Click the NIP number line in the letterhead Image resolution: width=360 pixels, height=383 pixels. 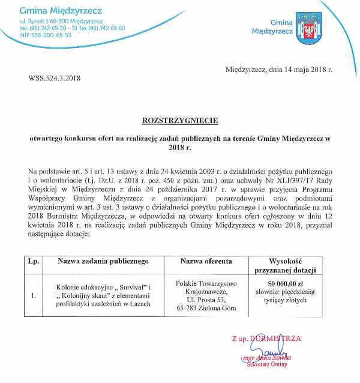point(46,35)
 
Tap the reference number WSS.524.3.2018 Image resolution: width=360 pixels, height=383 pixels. point(55,77)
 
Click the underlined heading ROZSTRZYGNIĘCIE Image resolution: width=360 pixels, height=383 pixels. point(179,119)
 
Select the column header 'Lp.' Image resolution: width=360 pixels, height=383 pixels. point(33,262)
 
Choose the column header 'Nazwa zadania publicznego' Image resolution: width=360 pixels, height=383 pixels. point(103,262)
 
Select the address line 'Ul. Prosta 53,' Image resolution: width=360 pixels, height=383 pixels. point(206,299)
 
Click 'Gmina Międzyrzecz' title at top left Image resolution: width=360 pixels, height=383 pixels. point(61,11)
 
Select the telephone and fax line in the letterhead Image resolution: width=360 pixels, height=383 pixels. point(72,28)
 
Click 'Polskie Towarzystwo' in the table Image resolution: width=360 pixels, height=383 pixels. point(206,283)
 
